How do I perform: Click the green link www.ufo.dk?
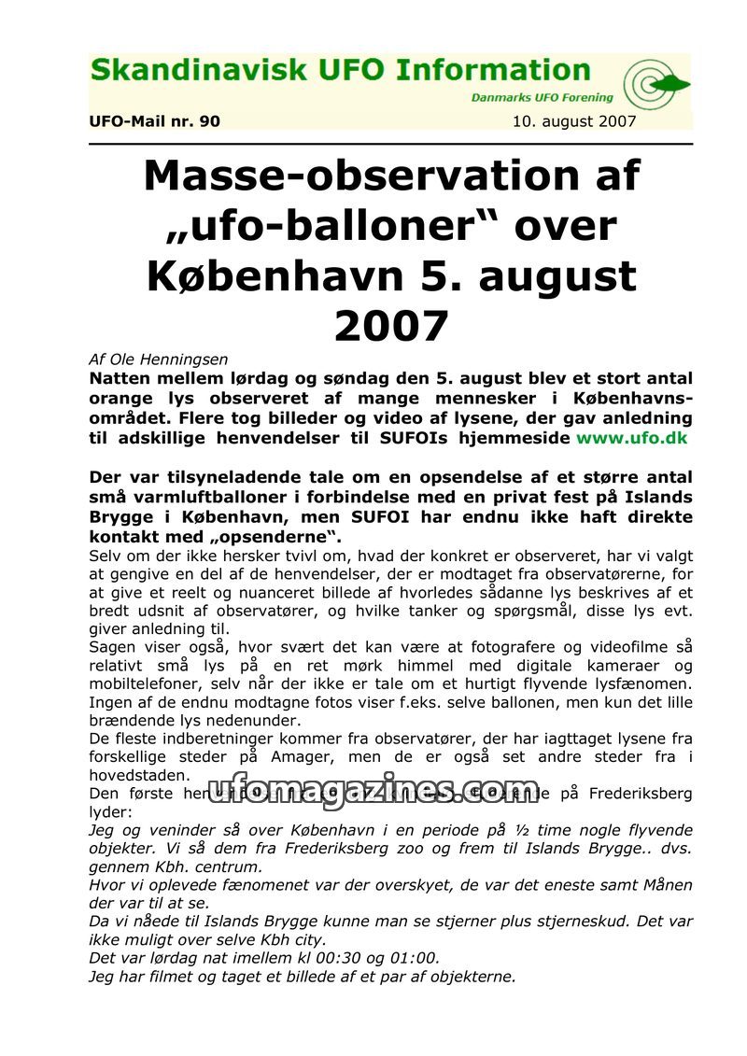tap(634, 437)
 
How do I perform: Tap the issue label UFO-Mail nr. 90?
tap(154, 121)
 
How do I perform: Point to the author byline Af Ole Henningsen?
tap(159, 359)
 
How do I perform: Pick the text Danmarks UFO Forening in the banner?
tap(542, 97)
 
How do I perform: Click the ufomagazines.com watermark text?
tap(373, 791)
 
